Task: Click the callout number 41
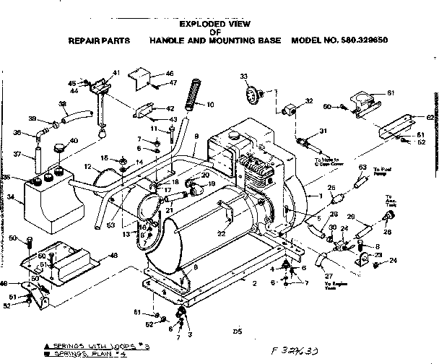[116, 74]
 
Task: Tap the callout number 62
[430, 116]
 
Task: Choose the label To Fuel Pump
[382, 171]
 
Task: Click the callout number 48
[113, 255]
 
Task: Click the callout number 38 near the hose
[63, 104]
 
